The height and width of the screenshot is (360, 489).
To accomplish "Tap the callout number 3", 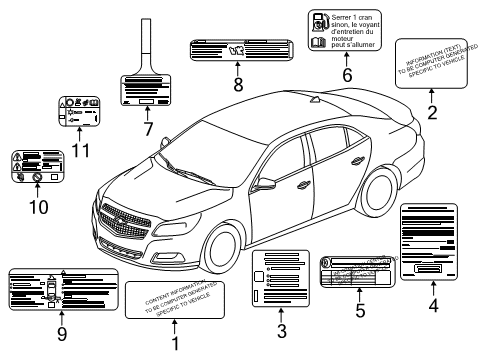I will point(282,331).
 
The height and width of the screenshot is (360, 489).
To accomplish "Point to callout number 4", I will point(433,308).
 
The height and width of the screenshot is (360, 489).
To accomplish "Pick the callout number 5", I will point(360,310).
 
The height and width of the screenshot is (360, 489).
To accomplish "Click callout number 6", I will point(347,75).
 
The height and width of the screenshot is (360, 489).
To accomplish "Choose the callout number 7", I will point(147,129).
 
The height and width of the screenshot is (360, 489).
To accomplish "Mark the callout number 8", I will point(238,84).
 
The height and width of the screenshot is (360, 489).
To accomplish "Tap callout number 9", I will point(62,333).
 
